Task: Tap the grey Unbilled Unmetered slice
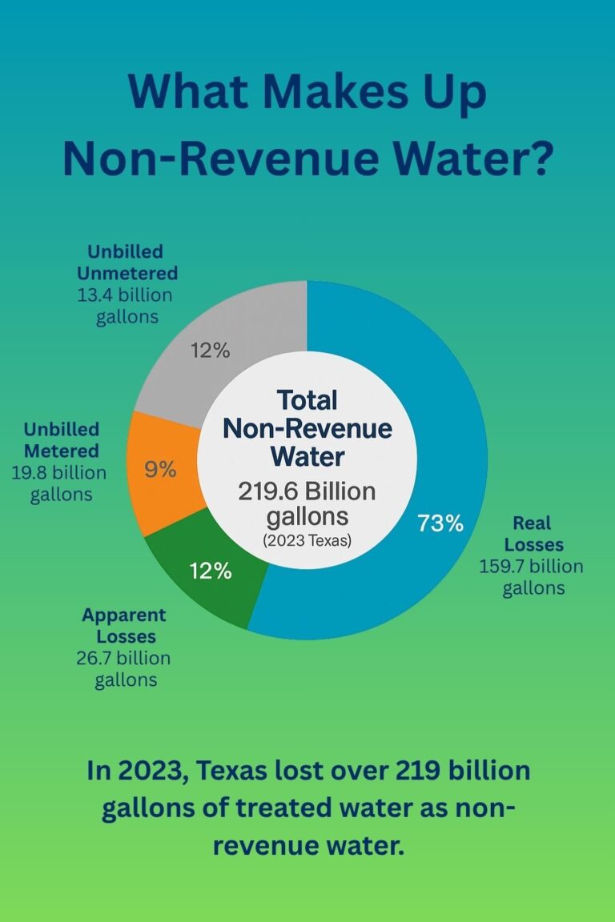pyautogui.click(x=240, y=328)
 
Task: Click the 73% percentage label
pyautogui.click(x=440, y=523)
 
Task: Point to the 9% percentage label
pyautogui.click(x=160, y=470)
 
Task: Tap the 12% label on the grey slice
pyautogui.click(x=210, y=350)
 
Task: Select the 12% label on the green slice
pyautogui.click(x=211, y=571)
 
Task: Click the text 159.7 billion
pyautogui.click(x=531, y=567)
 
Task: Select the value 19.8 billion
pyautogui.click(x=58, y=472)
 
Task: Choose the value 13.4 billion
pyautogui.click(x=124, y=295)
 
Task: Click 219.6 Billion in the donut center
pyautogui.click(x=307, y=491)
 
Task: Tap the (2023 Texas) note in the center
pyautogui.click(x=307, y=540)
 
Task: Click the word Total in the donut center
pyautogui.click(x=307, y=399)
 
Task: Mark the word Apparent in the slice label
pyautogui.click(x=124, y=615)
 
